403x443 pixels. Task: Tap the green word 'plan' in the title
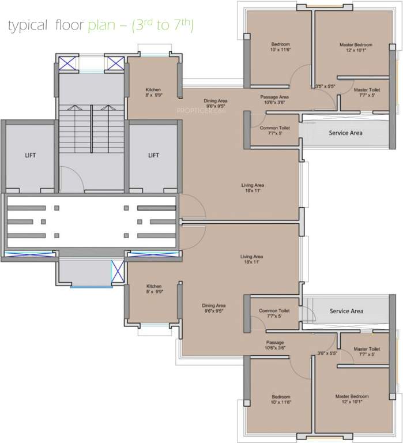click(x=99, y=26)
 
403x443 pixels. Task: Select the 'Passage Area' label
click(x=274, y=97)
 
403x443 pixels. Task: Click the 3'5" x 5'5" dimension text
click(x=325, y=87)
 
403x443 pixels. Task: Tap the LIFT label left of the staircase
click(x=30, y=155)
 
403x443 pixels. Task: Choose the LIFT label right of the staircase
click(x=153, y=155)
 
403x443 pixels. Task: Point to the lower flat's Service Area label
click(x=346, y=311)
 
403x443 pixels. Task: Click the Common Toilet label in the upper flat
click(x=274, y=127)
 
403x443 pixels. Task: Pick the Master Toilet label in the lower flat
click(x=367, y=349)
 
